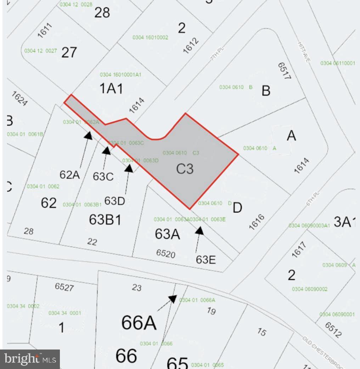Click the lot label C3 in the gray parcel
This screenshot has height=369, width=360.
(185, 169)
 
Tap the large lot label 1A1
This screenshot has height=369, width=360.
(111, 88)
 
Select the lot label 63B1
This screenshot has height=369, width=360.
(105, 219)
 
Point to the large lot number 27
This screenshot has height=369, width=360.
(69, 52)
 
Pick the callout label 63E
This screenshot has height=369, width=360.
(206, 259)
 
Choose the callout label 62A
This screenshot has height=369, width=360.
(69, 174)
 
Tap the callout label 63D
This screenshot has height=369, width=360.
(114, 201)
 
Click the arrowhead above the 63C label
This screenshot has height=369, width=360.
(106, 151)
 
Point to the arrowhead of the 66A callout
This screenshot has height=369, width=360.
(173, 299)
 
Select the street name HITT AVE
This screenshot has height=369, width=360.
(304, 52)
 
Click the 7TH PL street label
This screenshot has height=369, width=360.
(218, 52)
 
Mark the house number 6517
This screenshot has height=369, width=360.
(283, 71)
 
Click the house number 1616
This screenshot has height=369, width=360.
(257, 222)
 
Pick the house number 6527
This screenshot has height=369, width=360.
(64, 286)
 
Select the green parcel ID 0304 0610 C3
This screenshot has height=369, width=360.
(181, 153)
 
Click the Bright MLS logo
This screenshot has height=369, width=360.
(30, 359)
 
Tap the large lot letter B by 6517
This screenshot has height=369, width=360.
(266, 90)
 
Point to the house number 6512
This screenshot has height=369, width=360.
(333, 330)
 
